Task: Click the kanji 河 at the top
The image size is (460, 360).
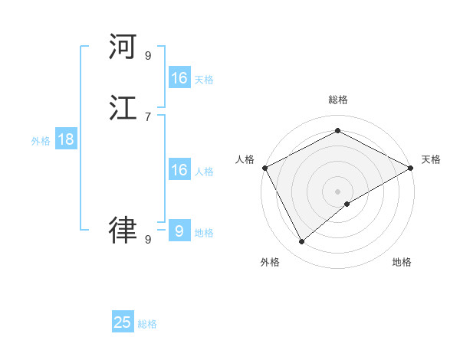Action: click(123, 47)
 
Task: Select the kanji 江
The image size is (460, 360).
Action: click(123, 108)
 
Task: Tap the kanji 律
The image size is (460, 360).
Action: click(123, 228)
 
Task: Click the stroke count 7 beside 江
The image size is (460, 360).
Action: click(147, 116)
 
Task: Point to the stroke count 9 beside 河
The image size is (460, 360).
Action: click(147, 56)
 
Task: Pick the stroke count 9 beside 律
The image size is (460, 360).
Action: click(147, 239)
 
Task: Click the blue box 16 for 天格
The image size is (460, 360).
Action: click(179, 78)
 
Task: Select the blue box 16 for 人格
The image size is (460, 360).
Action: click(179, 170)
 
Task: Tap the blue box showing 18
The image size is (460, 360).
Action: click(65, 139)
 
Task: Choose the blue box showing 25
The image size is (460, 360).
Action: click(123, 322)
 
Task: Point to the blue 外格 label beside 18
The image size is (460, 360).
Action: click(41, 141)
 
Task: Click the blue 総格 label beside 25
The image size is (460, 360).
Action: click(147, 324)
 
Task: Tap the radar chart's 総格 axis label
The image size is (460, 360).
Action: click(337, 100)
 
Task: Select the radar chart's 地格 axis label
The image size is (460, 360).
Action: click(402, 262)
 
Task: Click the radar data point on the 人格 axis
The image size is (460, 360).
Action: click(264, 168)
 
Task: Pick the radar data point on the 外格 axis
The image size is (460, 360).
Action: click(302, 241)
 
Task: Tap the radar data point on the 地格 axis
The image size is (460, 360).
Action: click(347, 204)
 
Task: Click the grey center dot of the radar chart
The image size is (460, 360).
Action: click(337, 191)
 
